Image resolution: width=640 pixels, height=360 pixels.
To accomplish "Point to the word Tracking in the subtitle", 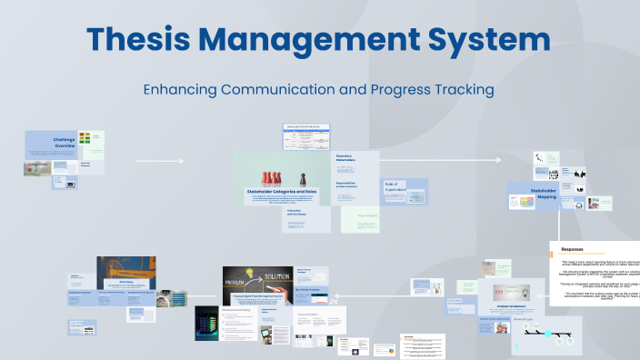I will (x=460, y=90).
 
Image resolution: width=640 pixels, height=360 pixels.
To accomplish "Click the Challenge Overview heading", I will (x=64, y=143).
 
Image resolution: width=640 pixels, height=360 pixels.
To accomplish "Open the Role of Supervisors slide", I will (x=405, y=192).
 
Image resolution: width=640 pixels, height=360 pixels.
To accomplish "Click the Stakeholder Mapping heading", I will (x=544, y=194).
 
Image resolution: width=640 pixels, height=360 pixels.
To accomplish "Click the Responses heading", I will (x=573, y=249).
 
